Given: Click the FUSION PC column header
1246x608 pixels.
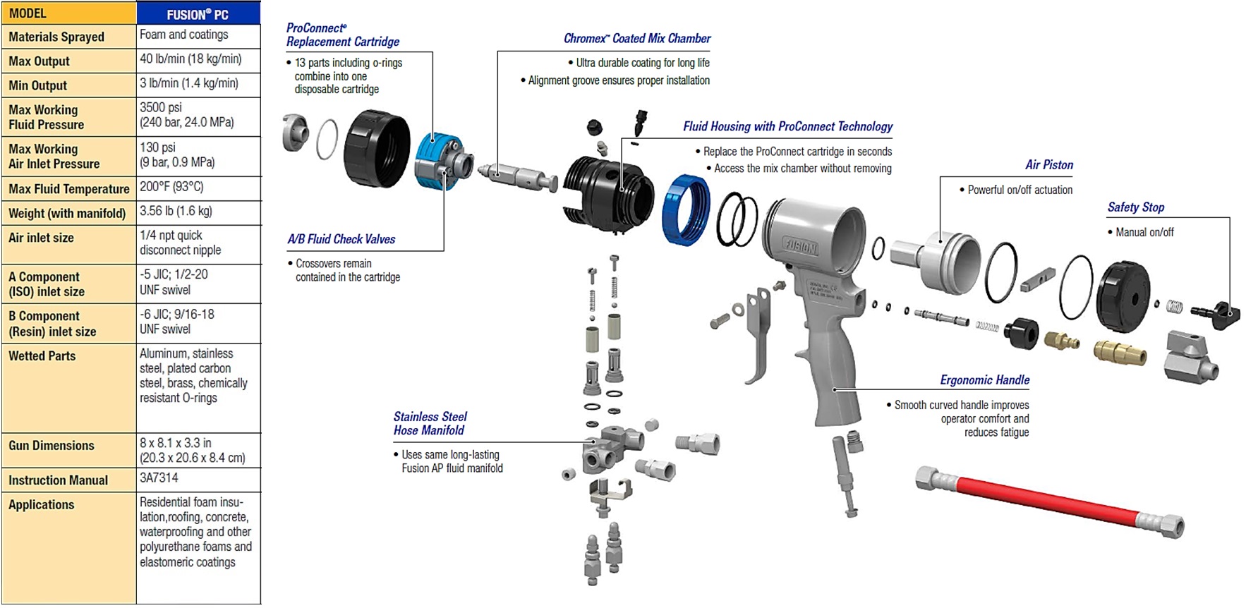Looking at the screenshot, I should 198,13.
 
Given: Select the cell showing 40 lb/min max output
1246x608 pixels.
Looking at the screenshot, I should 190,59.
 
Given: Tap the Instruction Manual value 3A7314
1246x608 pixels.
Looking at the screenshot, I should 159,478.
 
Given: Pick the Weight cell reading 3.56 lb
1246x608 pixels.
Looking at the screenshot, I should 176,211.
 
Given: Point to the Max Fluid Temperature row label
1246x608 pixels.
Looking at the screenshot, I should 69,189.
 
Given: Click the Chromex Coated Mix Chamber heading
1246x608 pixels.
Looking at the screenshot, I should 636,39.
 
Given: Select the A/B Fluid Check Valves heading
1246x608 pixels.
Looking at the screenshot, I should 341,239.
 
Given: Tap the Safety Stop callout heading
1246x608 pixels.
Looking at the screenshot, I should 1135,207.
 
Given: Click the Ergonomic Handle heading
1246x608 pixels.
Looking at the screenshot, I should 984,380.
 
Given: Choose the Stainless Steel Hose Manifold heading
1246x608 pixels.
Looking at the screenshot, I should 430,423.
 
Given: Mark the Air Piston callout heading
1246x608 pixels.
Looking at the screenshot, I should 1048,165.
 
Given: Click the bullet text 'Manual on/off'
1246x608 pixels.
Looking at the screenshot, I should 1144,232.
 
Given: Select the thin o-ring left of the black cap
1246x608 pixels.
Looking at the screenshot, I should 327,139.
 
